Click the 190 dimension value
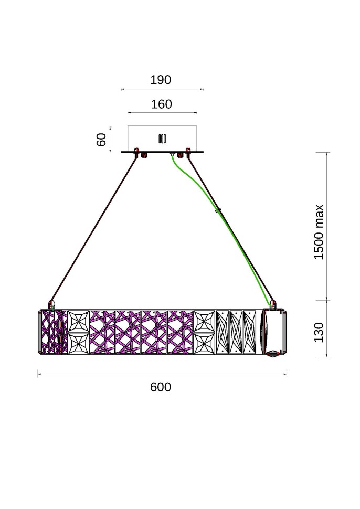(x=161, y=80)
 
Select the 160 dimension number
(x=161, y=104)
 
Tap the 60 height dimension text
(x=102, y=140)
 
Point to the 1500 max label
(x=319, y=232)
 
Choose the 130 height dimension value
(x=319, y=332)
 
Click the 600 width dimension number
(x=161, y=387)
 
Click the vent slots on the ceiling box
(x=162, y=139)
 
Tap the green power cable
(x=224, y=227)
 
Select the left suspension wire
(x=93, y=229)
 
